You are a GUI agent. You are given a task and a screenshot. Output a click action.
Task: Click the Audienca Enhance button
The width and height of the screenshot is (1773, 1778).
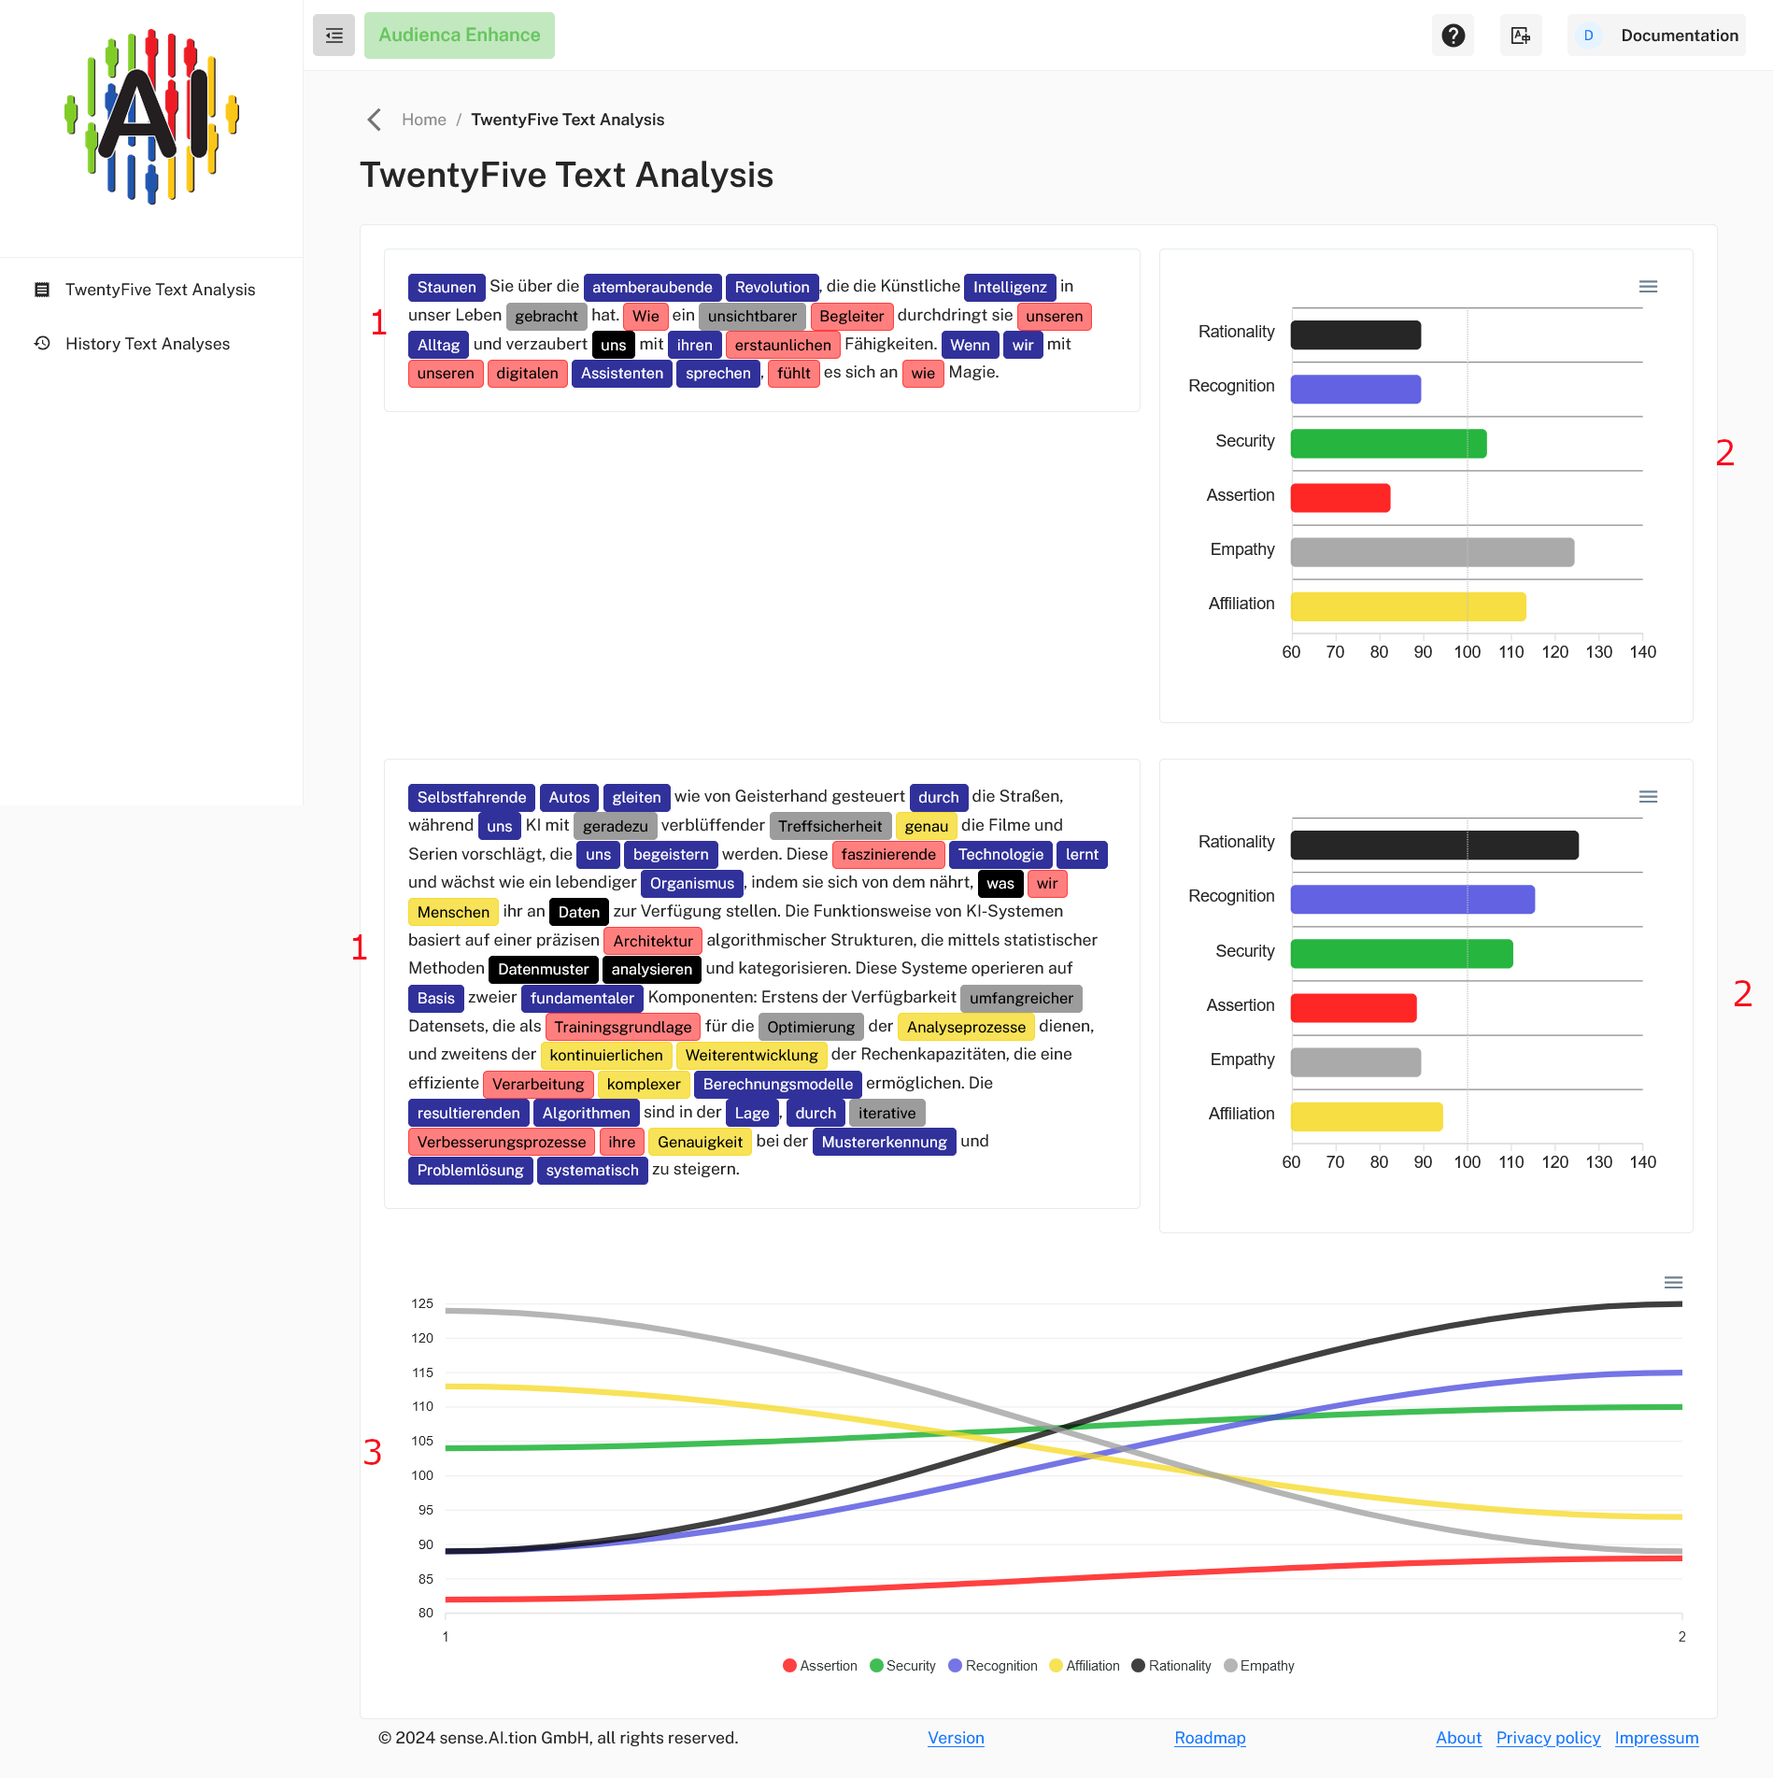coord(459,36)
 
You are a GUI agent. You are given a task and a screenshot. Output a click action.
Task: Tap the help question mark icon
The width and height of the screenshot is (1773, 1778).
coord(1453,36)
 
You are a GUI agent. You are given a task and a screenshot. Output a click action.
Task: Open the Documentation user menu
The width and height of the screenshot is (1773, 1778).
coord(1656,36)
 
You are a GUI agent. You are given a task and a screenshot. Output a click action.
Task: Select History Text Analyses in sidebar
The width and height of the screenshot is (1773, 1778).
coord(147,344)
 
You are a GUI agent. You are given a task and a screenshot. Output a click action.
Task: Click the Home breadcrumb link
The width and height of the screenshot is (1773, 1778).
coord(423,120)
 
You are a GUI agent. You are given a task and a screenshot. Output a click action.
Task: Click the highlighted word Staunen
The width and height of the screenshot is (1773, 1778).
coord(446,287)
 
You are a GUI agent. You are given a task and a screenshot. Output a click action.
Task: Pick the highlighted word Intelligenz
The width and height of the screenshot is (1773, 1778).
coord(1009,287)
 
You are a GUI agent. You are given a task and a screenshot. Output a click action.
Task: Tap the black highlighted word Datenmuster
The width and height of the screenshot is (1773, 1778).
coord(543,970)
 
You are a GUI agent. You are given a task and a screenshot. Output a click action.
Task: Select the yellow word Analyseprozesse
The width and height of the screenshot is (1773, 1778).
coord(965,1027)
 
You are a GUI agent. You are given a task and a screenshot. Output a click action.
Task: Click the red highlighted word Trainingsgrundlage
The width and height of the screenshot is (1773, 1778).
coord(622,1027)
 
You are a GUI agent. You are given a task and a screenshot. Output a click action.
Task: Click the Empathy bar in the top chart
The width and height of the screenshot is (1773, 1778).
coord(1431,552)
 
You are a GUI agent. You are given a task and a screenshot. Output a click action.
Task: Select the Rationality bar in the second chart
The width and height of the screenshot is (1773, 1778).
coord(1434,846)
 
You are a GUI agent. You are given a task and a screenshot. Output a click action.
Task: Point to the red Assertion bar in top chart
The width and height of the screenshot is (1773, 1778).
coord(1340,498)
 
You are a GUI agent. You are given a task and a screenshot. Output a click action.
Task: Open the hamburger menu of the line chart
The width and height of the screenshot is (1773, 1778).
coord(1673,1283)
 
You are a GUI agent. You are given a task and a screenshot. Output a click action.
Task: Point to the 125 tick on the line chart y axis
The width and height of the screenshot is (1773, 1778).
coord(422,1303)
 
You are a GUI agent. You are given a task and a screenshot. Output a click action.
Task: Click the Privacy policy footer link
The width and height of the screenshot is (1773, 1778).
coord(1547,1738)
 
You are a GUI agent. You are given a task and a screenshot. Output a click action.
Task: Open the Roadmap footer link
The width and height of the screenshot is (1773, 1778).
coord(1209,1738)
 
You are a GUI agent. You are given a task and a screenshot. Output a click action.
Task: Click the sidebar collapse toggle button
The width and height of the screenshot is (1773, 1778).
coord(333,36)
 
